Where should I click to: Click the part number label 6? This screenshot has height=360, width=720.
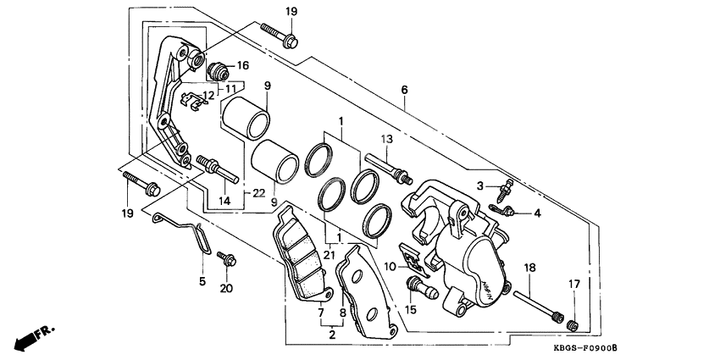click(x=404, y=90)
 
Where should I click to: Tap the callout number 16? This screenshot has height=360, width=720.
click(x=242, y=65)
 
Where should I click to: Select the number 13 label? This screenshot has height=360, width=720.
click(x=386, y=138)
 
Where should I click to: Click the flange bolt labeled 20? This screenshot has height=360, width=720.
click(x=226, y=259)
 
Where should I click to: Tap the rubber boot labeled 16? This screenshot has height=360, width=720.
click(x=217, y=68)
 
